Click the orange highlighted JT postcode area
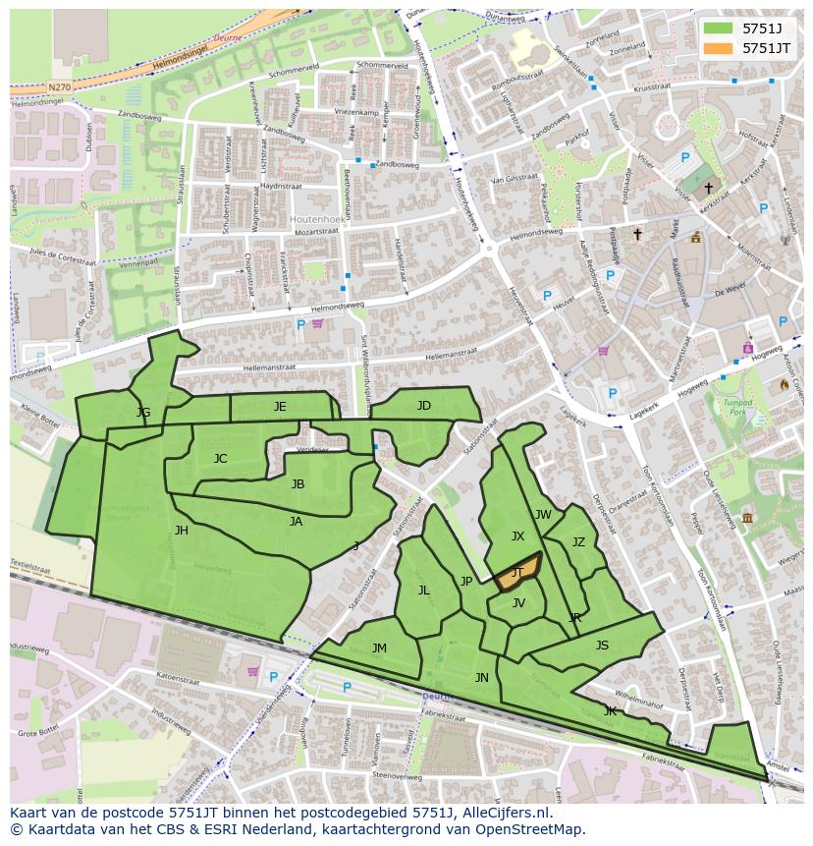pos(517,572)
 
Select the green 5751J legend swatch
pos(719,28)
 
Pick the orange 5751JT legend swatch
pos(719,48)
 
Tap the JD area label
pos(423,406)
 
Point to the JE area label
pos(280,407)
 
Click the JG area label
pos(143,413)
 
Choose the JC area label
pos(220,459)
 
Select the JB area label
pos(298,484)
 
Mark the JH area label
pos(181,531)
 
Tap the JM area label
pos(379,649)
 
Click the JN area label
pos(481,678)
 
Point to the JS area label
pos(602,646)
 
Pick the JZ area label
pos(578,542)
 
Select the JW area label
pos(543,515)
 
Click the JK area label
pos(610,710)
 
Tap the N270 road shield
pos(59,87)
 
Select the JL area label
pos(423,591)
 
